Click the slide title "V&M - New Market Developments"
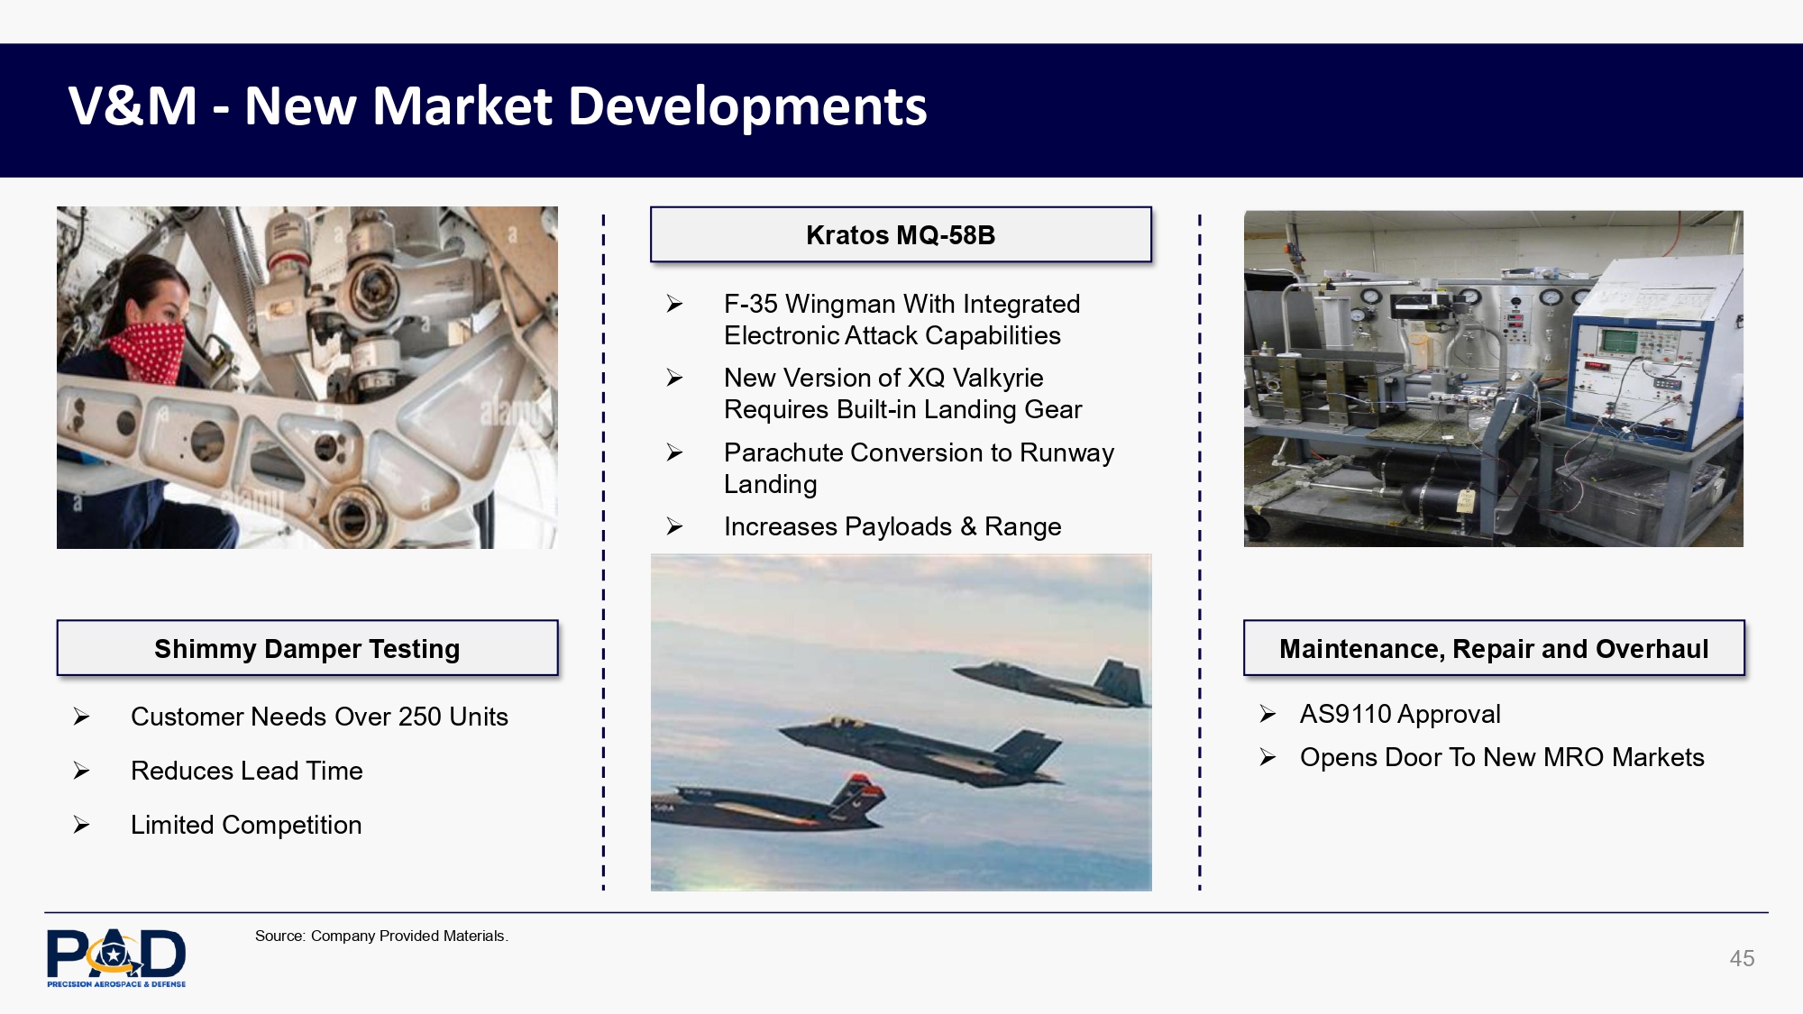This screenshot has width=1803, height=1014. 498,106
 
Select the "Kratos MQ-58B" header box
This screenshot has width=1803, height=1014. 901,235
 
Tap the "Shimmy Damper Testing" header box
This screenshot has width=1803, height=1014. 307,648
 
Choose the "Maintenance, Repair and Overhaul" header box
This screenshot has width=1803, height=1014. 1494,648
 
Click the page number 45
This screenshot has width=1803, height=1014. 1742,958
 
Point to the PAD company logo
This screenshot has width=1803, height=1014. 116,958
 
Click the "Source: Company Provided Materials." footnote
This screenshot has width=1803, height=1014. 381,936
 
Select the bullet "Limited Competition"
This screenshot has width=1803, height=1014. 246,825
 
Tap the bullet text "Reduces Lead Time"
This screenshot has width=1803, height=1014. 247,771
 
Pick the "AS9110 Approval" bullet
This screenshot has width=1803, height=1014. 1400,714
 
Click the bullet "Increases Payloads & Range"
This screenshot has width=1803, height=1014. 892,526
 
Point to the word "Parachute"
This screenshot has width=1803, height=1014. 783,452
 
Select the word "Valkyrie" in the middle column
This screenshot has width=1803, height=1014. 998,379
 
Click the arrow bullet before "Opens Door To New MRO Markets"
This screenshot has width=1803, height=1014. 1268,757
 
